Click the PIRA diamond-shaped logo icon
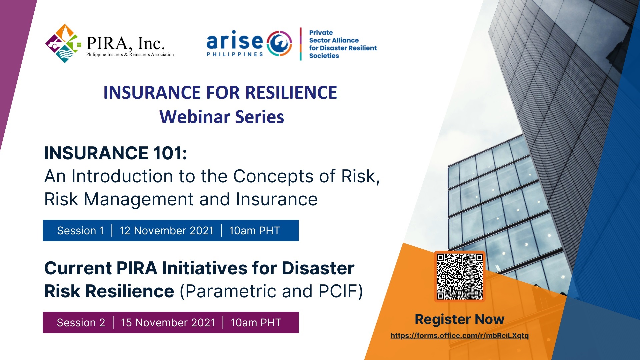pos(63,43)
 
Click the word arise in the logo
pos(235,41)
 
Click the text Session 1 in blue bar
pos(81,230)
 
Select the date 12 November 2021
pos(166,230)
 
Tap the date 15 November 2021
pos(168,322)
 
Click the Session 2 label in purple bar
pos(81,322)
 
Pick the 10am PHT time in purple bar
pos(256,322)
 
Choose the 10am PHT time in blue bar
pos(255,230)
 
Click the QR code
pos(460,276)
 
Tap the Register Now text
pos(459,319)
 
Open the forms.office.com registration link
pos(459,335)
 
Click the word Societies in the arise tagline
pos(324,56)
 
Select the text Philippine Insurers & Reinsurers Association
pos(130,54)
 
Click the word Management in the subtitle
pos(139,200)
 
